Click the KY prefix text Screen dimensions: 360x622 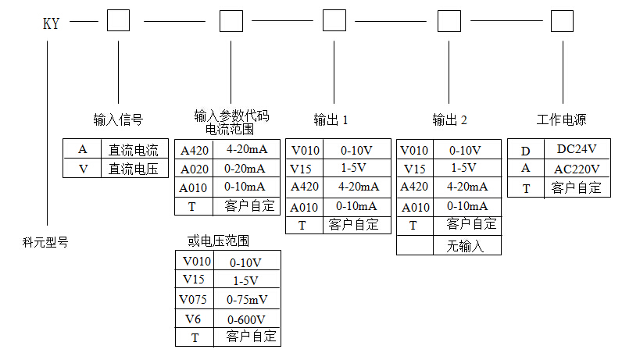tap(51, 23)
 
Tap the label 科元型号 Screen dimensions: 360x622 tap(45, 243)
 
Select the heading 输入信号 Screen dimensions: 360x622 tap(118, 120)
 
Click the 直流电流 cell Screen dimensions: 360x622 tap(134, 150)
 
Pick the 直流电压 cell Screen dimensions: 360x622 tap(134, 168)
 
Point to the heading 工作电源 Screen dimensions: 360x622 tap(561, 120)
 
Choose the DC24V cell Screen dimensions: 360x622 tap(577, 149)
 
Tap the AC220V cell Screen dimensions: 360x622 tap(577, 169)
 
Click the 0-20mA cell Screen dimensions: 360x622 tap(245, 169)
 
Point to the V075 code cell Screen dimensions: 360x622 tap(194, 299)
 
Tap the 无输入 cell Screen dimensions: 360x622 tap(466, 246)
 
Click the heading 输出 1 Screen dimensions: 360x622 tap(331, 120)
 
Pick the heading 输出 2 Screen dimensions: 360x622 tap(450, 120)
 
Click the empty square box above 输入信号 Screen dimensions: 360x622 tap(118, 20)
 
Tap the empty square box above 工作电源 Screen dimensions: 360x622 tap(562, 20)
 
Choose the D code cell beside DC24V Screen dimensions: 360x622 tap(526, 149)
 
